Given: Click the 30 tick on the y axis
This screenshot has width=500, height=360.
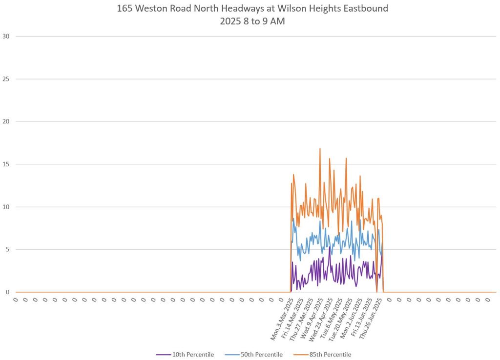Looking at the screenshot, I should point(6,36).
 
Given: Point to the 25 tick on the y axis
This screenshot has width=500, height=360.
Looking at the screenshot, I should point(6,79).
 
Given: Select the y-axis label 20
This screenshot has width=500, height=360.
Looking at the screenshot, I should point(6,121).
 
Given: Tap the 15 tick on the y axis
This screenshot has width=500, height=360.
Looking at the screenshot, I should point(6,164).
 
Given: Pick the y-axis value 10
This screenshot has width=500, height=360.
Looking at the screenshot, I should point(6,207).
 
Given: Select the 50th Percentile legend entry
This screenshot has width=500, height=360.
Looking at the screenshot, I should point(262,355).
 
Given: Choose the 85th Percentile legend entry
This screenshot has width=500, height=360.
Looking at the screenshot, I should point(330,355).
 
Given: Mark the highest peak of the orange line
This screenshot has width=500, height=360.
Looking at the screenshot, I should point(320,149).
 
